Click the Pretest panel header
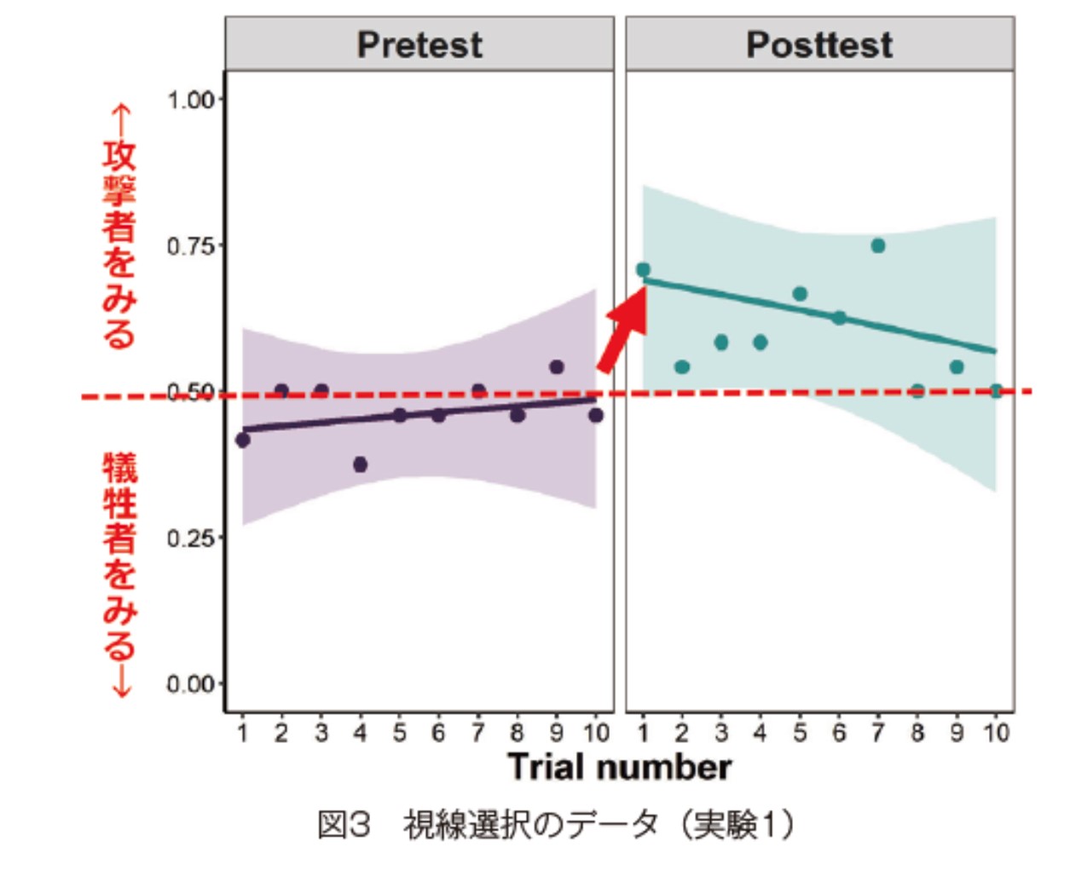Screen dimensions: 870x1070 click(x=419, y=44)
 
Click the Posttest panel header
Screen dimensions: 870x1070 click(x=819, y=44)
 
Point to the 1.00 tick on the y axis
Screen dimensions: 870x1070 click(x=190, y=100)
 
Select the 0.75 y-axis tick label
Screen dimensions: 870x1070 click(x=190, y=246)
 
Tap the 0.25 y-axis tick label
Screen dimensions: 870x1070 click(x=190, y=539)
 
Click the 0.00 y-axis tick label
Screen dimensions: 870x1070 click(x=190, y=684)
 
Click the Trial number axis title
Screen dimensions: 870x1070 click(x=619, y=767)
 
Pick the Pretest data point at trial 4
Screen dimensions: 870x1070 click(x=360, y=464)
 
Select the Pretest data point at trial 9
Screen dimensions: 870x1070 click(x=557, y=367)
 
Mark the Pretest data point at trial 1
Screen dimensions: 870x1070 click(x=243, y=440)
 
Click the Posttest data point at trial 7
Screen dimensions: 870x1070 click(x=878, y=245)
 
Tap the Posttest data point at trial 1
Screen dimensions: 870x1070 click(x=643, y=270)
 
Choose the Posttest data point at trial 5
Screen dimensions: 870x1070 click(x=800, y=294)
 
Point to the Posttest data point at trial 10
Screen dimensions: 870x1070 click(x=995, y=391)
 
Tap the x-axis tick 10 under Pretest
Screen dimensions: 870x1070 click(x=596, y=733)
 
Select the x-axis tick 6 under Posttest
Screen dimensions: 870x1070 click(x=839, y=733)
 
